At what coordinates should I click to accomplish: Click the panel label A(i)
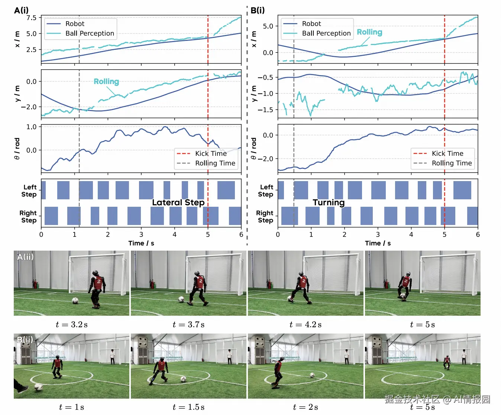pyautogui.click(x=21, y=10)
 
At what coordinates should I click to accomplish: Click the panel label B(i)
pyautogui.click(x=258, y=10)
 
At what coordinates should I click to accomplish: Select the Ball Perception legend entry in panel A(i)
pyautogui.click(x=90, y=33)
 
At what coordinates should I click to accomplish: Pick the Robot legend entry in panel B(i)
pyautogui.click(x=311, y=24)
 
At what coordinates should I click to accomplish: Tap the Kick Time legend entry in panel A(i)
pyautogui.click(x=211, y=154)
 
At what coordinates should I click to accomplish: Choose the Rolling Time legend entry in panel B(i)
pyautogui.click(x=452, y=163)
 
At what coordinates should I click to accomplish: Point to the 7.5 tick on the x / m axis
pyautogui.click(x=32, y=17)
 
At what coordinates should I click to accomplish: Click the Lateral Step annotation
pyautogui.click(x=178, y=202)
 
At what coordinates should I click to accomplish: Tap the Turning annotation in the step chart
pyautogui.click(x=329, y=202)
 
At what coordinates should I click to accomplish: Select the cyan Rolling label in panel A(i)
pyautogui.click(x=106, y=81)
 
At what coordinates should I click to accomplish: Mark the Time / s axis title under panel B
pyautogui.click(x=378, y=243)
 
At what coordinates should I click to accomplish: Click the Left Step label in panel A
pyautogui.click(x=29, y=191)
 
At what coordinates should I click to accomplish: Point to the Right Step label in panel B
pyautogui.click(x=265, y=216)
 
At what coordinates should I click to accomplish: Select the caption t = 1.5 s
pyautogui.click(x=188, y=407)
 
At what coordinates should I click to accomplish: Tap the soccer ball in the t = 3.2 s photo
pyautogui.click(x=75, y=300)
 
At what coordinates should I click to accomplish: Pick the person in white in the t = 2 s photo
pyautogui.click(x=347, y=356)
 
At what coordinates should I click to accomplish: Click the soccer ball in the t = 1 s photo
pyautogui.click(x=38, y=387)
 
